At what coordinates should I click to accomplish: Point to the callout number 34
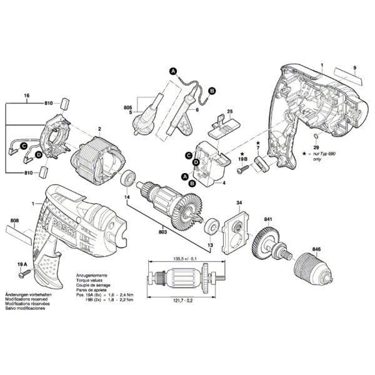click(239, 204)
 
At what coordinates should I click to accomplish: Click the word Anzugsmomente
click(93, 275)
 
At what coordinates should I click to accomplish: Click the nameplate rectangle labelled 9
click(347, 77)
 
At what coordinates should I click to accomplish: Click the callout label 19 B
click(242, 161)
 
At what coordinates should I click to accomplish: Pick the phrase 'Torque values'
click(90, 280)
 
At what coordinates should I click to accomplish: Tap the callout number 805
click(127, 108)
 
